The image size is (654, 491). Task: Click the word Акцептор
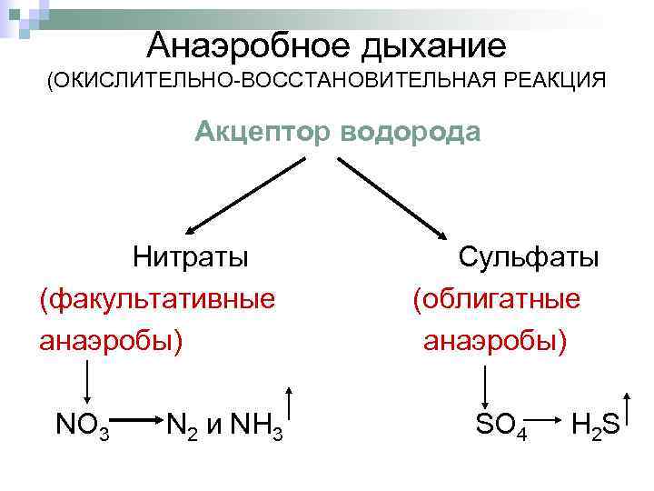click(x=263, y=134)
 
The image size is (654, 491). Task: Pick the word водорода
click(x=411, y=134)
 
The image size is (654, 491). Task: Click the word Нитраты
click(x=190, y=256)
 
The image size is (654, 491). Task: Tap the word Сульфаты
click(x=528, y=256)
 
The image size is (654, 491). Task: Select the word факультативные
click(x=156, y=298)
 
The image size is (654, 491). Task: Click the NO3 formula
click(x=83, y=424)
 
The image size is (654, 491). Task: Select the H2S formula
click(x=596, y=424)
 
